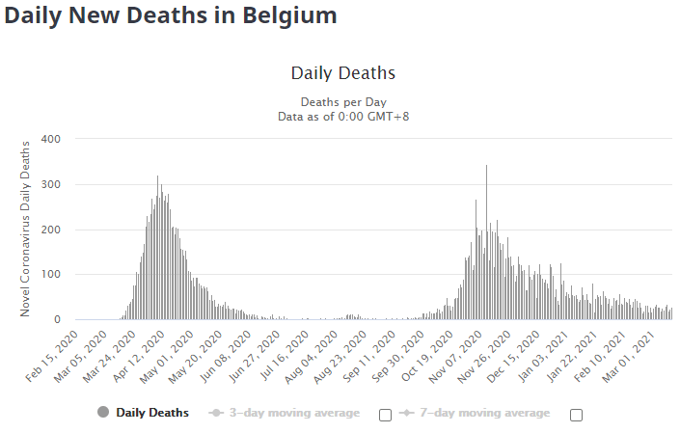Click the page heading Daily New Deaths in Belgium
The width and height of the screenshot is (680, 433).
pos(171,16)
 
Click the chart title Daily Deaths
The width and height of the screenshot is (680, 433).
pos(342,73)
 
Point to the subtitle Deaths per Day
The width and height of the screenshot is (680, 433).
pos(342,101)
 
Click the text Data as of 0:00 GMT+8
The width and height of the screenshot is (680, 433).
pos(342,117)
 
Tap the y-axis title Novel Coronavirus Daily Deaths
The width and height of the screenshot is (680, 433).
pos(26,229)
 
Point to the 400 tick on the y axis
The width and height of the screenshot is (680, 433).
pos(50,139)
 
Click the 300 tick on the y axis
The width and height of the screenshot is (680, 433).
pos(50,184)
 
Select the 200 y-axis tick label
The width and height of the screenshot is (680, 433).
pos(50,230)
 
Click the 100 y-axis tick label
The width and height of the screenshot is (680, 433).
pos(50,275)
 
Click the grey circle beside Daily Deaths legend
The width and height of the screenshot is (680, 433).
pos(103,413)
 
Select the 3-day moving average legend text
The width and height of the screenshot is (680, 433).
pos(294,413)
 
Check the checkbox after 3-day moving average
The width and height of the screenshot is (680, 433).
pos(385,415)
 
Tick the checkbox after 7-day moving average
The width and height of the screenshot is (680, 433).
pos(577,415)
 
